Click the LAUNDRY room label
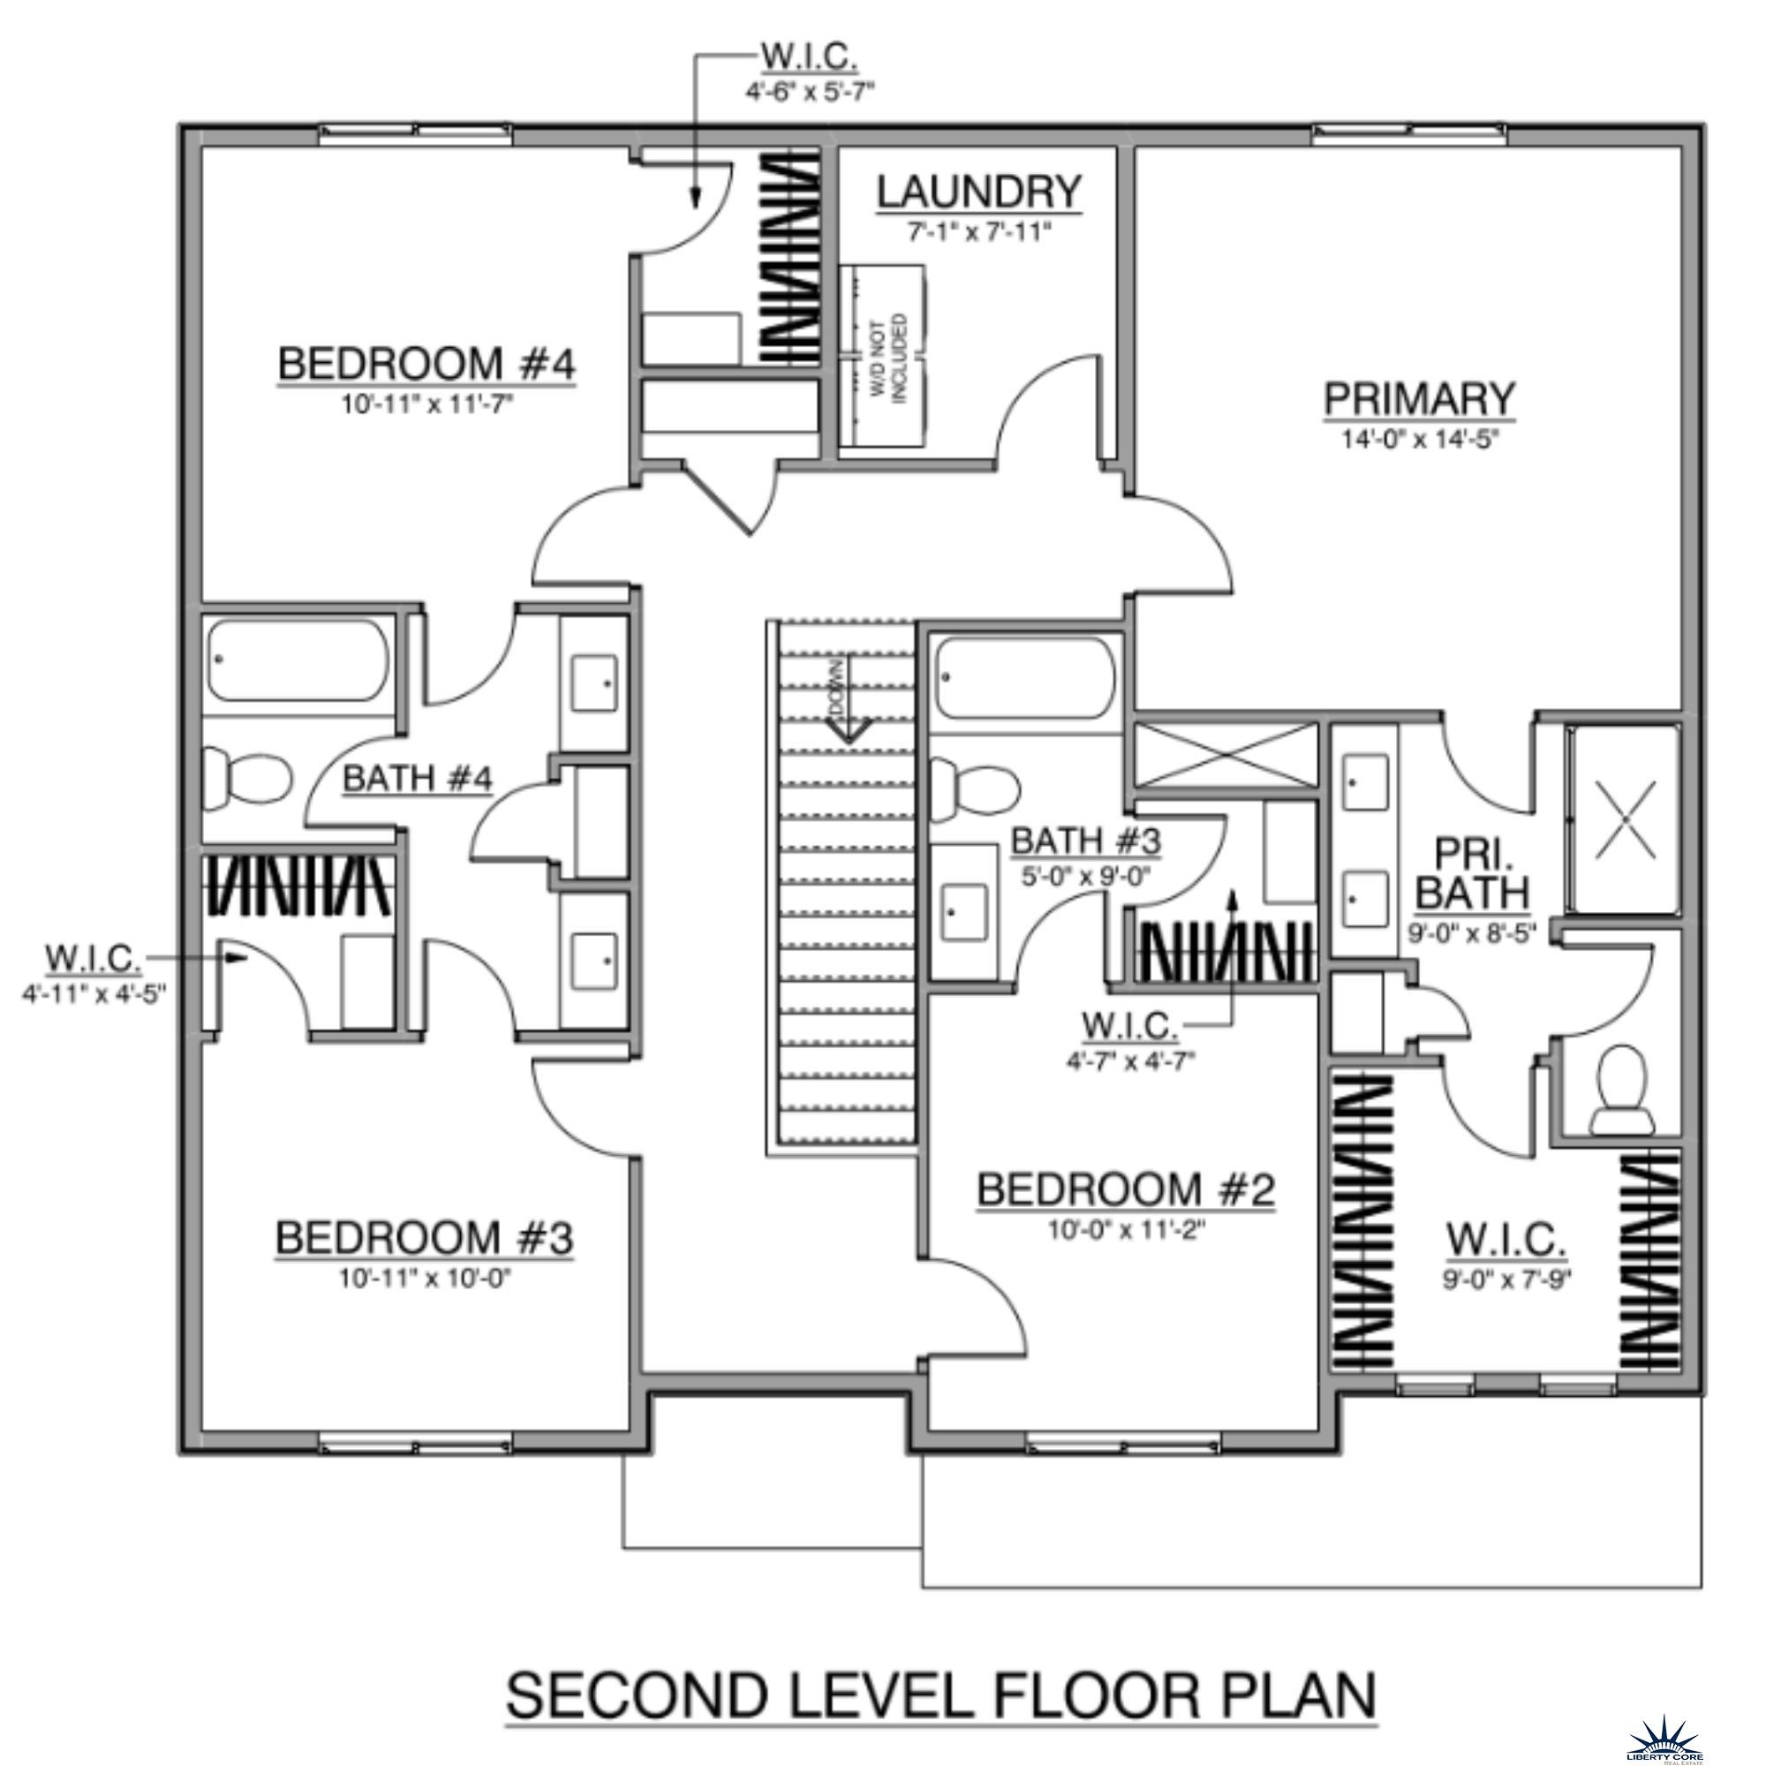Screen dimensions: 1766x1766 coord(979,192)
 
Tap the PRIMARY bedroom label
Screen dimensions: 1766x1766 coord(1419,399)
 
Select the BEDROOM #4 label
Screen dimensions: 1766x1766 coord(426,364)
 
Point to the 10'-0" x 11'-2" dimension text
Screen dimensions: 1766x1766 coord(1126,1230)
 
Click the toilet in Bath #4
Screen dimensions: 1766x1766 coord(245,776)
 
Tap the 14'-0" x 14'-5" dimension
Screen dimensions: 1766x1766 coord(1419,439)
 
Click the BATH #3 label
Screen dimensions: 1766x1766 coord(1085,840)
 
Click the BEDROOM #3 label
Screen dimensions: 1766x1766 coord(424,1239)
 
